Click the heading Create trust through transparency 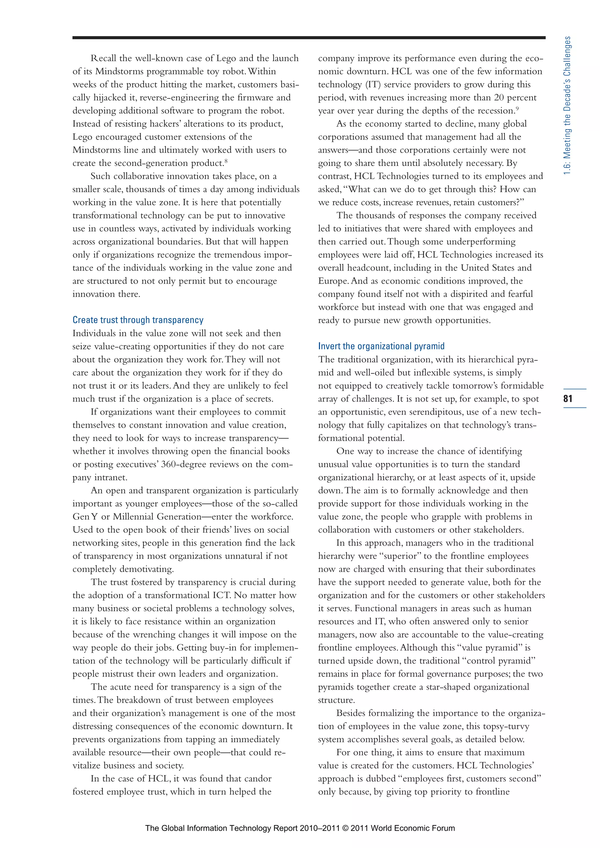pos(138,320)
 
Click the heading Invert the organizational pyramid pos(381,346)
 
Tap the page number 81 pos(568,398)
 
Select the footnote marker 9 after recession pos(517,108)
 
